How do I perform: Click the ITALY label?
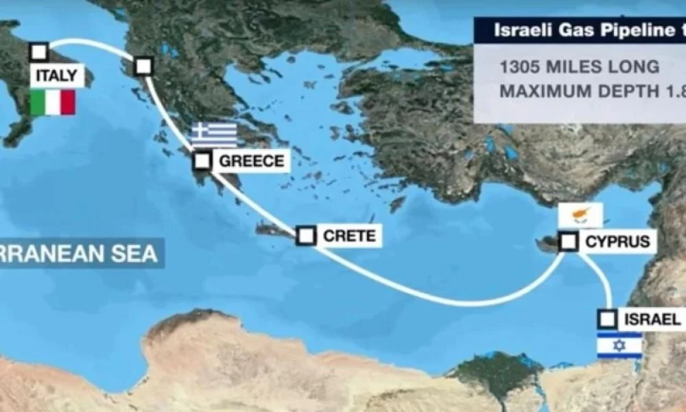coord(57,76)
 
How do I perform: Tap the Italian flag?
coord(53,102)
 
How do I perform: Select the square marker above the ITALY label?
coord(39,52)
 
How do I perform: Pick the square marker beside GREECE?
coord(202,161)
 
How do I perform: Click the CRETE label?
coord(349,236)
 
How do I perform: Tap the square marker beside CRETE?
coord(307,236)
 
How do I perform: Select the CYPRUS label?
coord(617,242)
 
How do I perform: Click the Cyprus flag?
coord(580,215)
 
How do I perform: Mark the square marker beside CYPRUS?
coord(569,242)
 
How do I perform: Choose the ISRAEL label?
coord(652,319)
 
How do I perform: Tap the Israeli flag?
coord(619,345)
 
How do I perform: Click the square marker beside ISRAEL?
coord(608,319)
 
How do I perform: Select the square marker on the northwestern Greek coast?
coord(143,67)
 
